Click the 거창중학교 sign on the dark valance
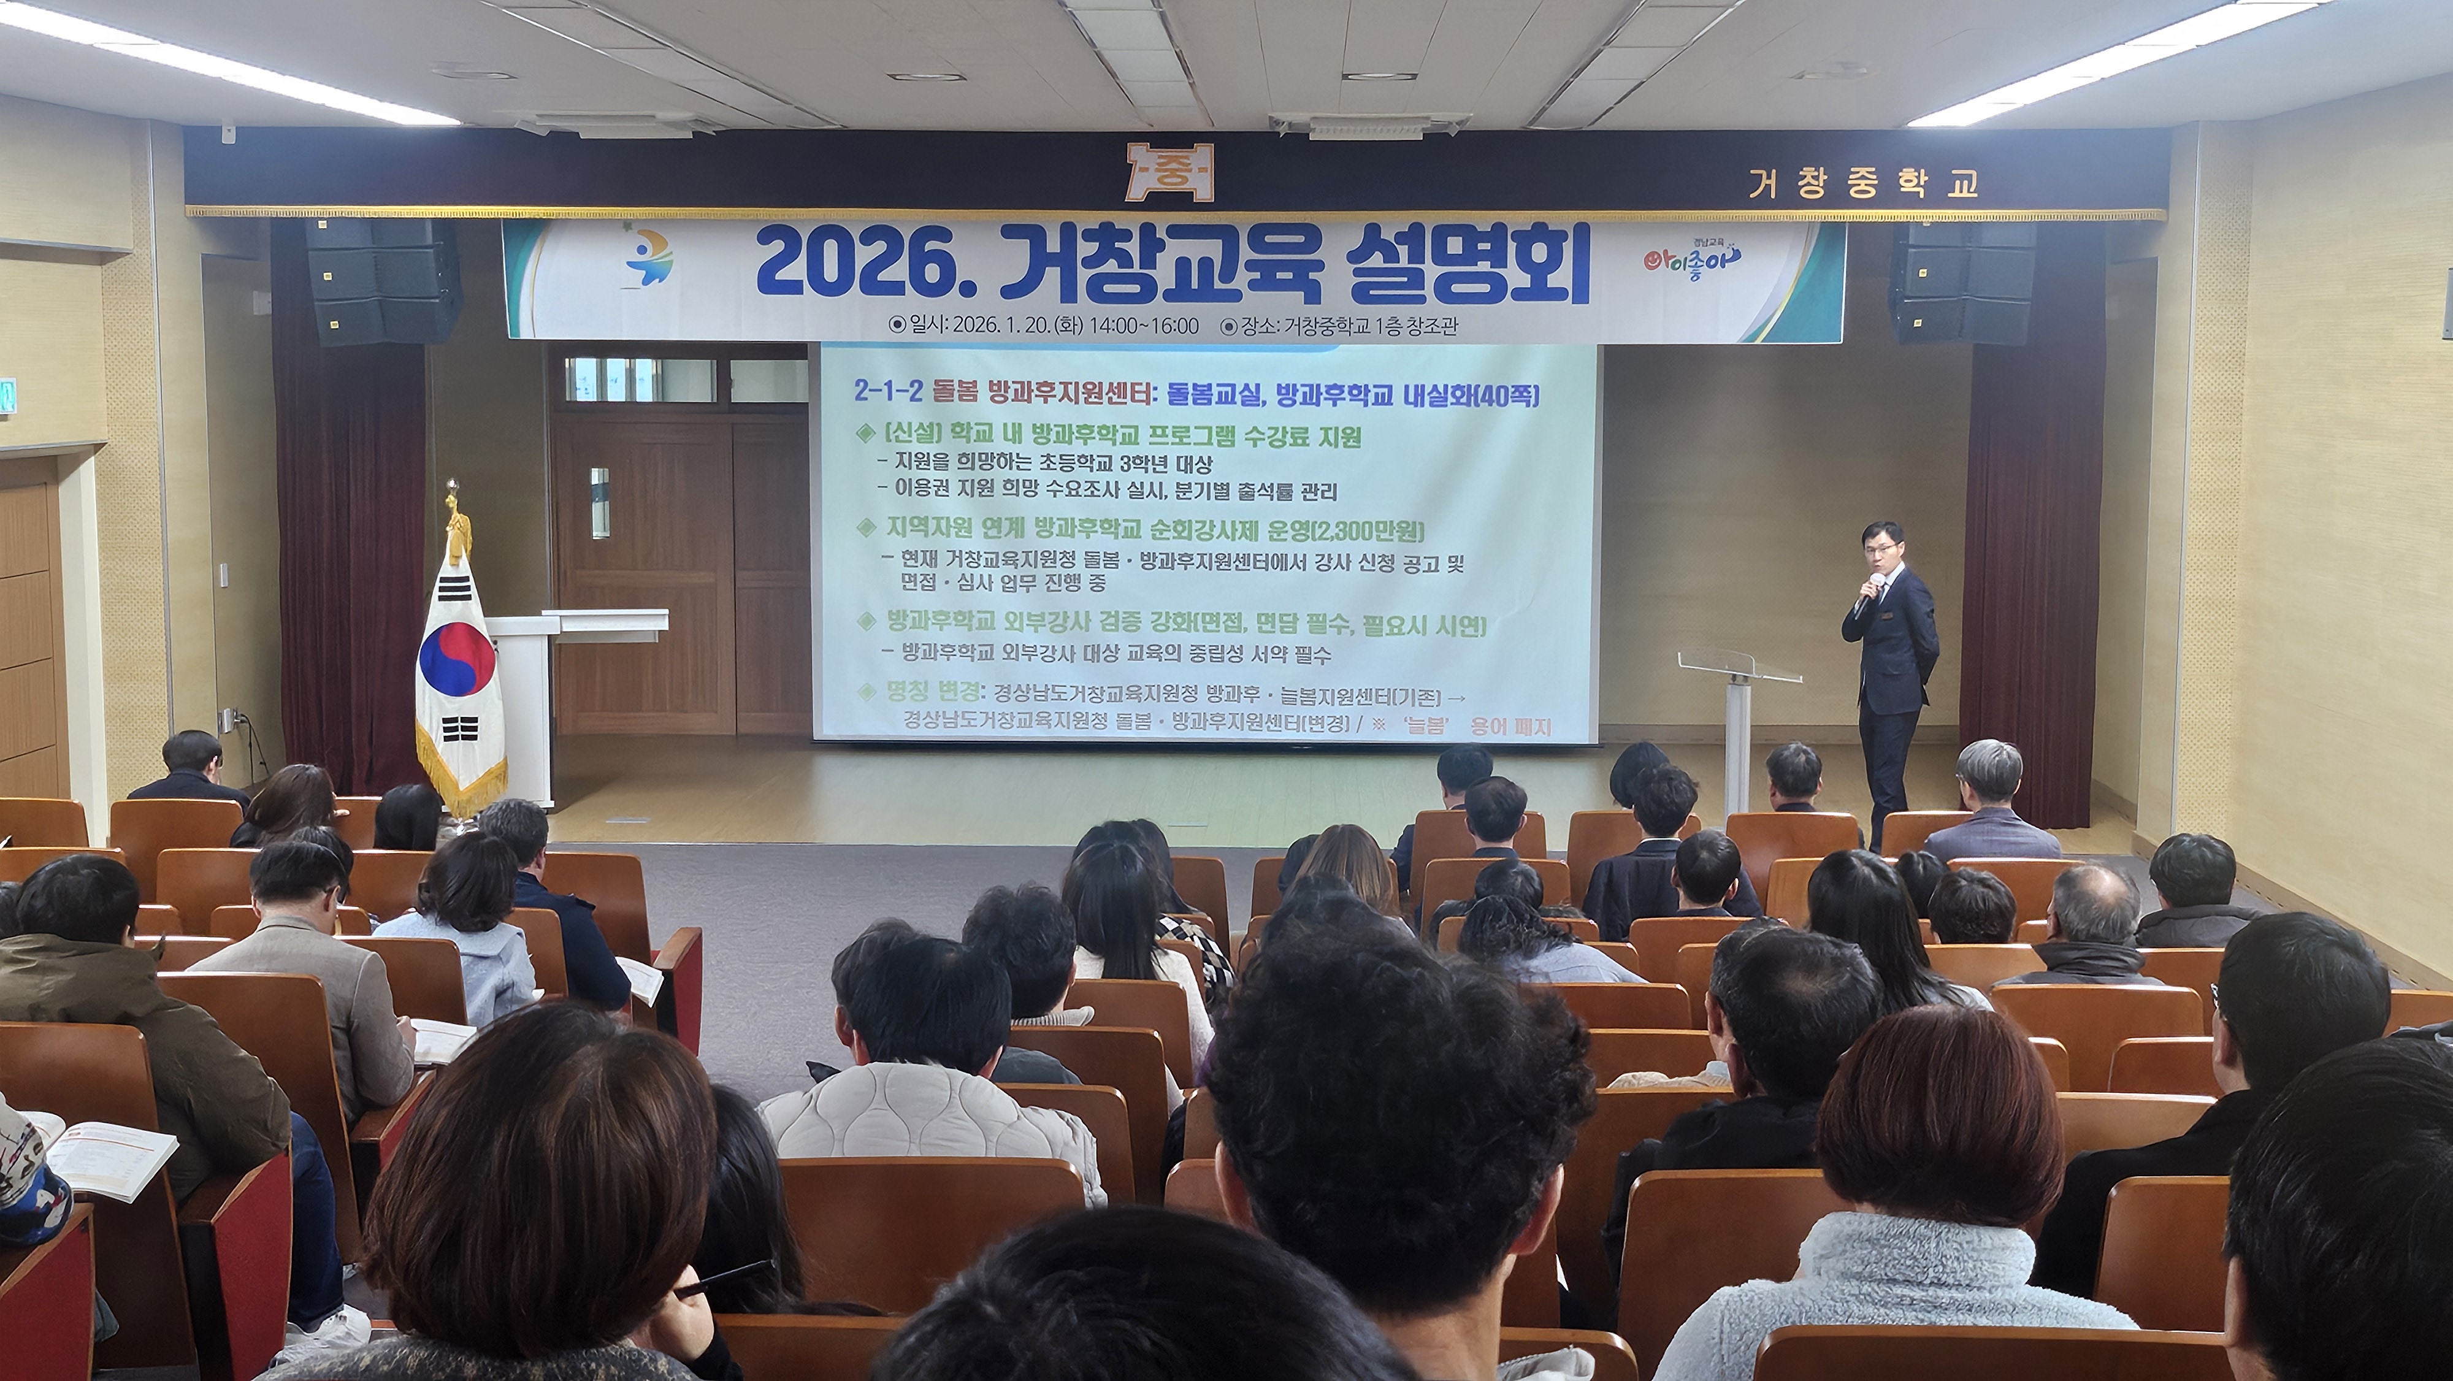click(x=1862, y=184)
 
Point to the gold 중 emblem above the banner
click(x=1169, y=172)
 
